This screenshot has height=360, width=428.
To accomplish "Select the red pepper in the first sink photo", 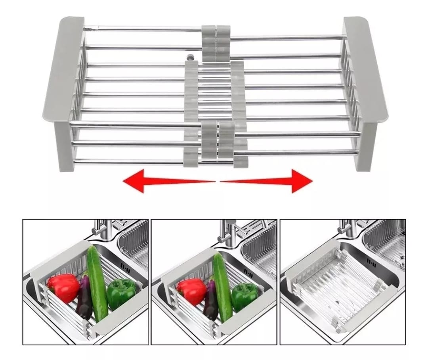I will [x=63, y=287].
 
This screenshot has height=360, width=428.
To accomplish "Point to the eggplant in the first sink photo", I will [x=84, y=297].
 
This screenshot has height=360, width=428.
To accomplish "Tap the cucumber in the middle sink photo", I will [x=222, y=285].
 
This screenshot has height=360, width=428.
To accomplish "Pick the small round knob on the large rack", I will [x=191, y=57].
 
